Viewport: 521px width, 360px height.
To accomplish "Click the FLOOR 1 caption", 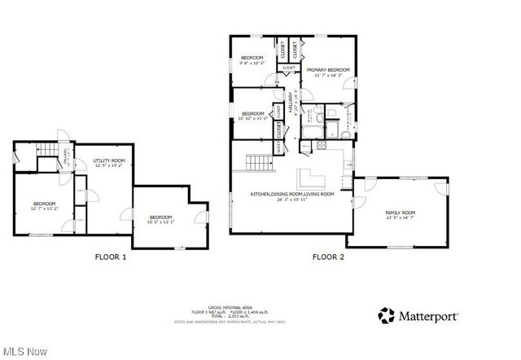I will click(112, 257).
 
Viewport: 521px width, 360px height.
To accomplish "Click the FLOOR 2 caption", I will click(328, 257).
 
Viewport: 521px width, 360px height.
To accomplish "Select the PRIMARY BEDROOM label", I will click(328, 71).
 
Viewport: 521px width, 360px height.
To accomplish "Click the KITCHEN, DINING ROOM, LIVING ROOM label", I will click(292, 195).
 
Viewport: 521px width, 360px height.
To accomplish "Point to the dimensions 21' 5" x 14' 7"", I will click(400, 217).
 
